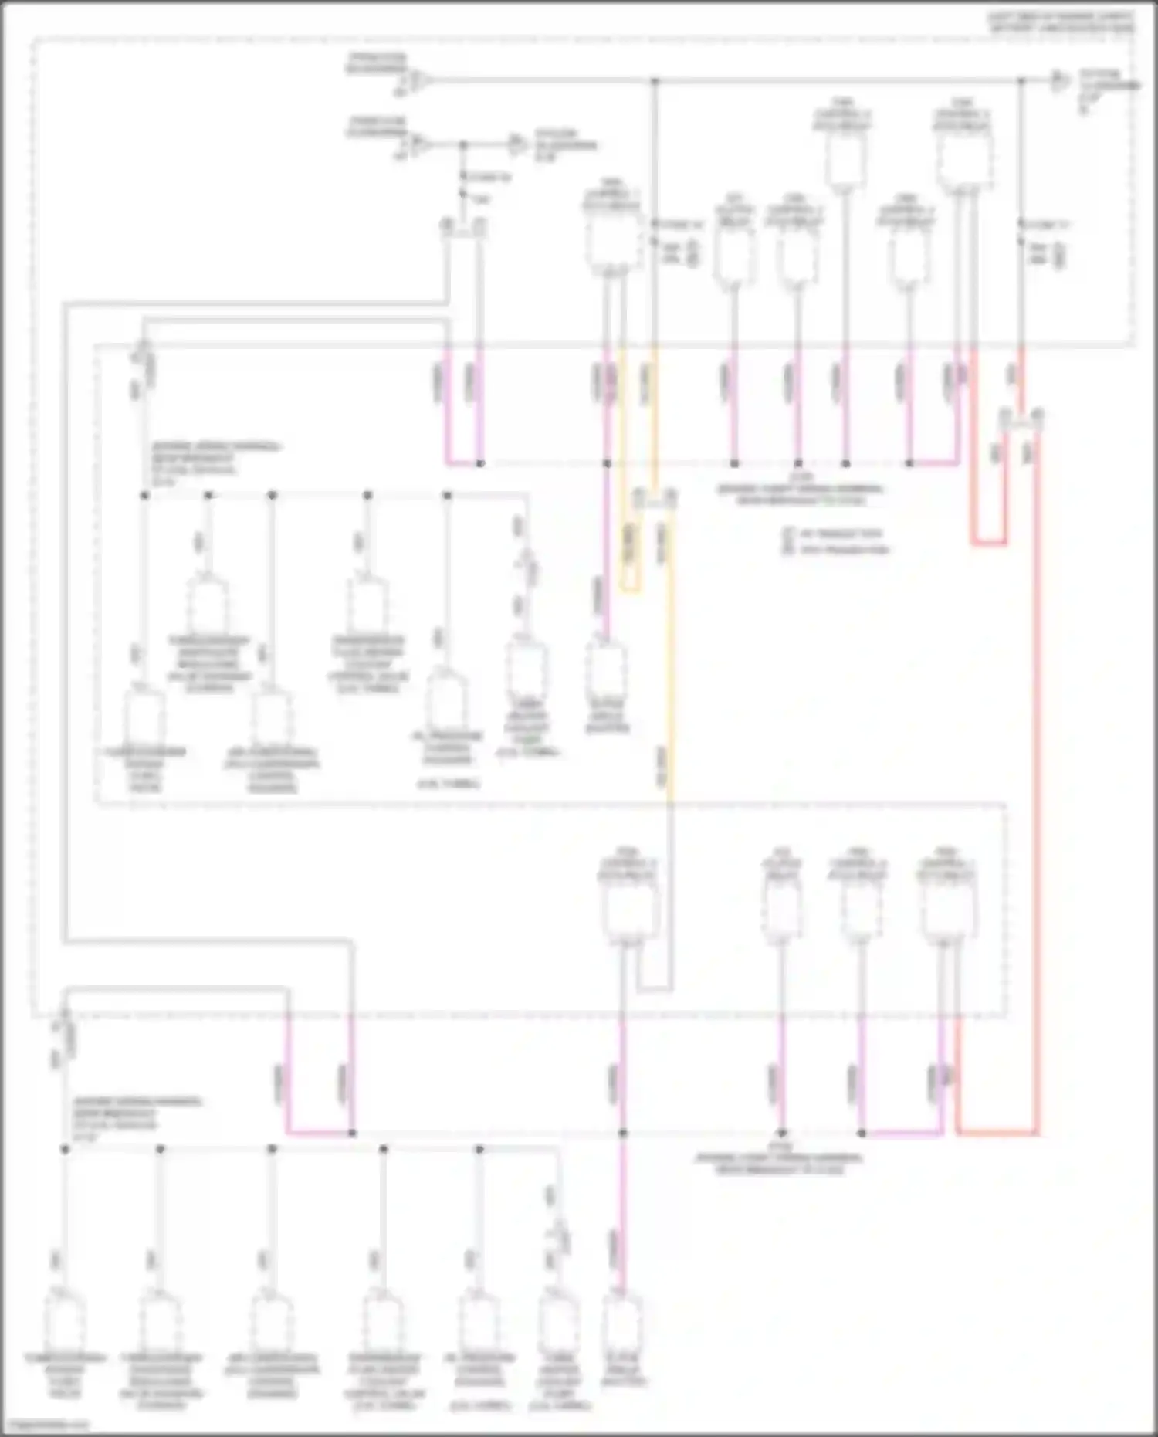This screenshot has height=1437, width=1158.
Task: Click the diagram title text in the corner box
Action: (1062, 22)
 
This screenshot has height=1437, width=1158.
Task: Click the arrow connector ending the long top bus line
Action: (1061, 80)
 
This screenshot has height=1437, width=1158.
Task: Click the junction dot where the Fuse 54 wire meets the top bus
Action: (655, 80)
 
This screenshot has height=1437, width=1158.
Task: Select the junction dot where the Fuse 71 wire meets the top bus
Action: (1021, 80)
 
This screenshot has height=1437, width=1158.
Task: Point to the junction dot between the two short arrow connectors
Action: (463, 144)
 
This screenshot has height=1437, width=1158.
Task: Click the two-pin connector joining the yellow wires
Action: (655, 498)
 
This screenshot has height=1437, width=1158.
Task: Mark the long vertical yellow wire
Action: (669, 656)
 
